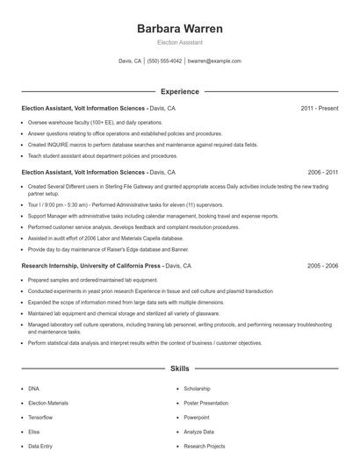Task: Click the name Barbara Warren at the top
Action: click(x=180, y=28)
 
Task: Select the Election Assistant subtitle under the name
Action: click(x=180, y=42)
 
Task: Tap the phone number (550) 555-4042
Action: click(x=165, y=61)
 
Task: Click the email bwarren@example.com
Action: click(x=214, y=61)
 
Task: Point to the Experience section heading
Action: click(x=180, y=91)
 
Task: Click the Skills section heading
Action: click(x=180, y=370)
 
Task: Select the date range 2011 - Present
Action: click(x=319, y=109)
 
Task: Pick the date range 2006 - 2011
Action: click(x=322, y=173)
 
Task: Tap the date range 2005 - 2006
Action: click(x=322, y=265)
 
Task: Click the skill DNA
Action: click(x=33, y=388)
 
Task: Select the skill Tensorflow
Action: click(x=40, y=417)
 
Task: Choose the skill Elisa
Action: click(x=33, y=432)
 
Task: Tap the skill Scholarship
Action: click(x=197, y=388)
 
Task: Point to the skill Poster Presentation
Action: click(x=205, y=403)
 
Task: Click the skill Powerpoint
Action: click(x=197, y=417)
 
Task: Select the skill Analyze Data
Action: click(x=198, y=432)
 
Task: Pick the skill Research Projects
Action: click(x=203, y=446)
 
